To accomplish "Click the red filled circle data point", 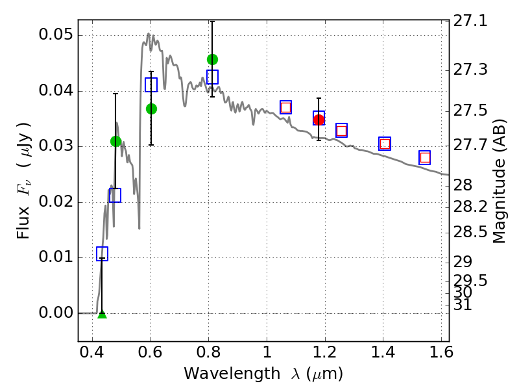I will [x=319, y=120].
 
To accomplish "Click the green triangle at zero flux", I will [x=102, y=315].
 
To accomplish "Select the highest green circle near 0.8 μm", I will [x=212, y=60].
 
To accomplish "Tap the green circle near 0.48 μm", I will [x=116, y=141].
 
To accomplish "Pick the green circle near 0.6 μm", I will [x=151, y=109].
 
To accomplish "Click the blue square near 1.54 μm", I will [x=425, y=157].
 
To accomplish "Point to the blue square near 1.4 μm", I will [x=385, y=144].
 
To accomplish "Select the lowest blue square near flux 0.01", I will [x=102, y=253].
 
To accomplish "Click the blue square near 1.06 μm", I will [x=285, y=107].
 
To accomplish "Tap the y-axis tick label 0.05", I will [x=55, y=35].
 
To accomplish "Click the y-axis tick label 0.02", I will [x=55, y=201].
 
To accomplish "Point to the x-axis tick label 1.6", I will [x=441, y=356].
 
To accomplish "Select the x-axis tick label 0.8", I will [x=208, y=356].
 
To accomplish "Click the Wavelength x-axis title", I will [x=263, y=374].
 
